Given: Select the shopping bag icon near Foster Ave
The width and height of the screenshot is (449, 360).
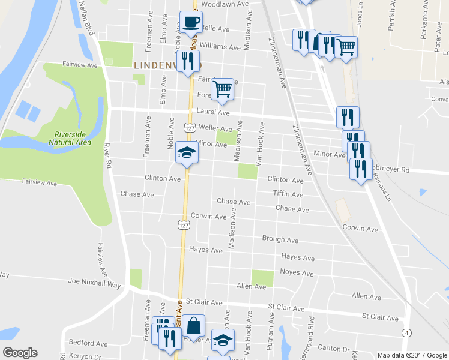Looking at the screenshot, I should (x=193, y=327).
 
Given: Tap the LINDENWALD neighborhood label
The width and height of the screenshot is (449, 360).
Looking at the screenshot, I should (x=164, y=65).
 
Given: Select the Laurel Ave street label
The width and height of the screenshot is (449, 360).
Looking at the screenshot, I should (x=213, y=112).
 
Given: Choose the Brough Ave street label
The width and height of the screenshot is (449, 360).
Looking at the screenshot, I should (x=280, y=239).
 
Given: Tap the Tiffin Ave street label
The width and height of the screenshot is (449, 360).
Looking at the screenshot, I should (x=288, y=194).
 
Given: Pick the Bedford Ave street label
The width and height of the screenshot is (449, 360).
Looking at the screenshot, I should (x=71, y=343).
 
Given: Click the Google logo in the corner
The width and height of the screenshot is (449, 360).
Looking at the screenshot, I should (x=20, y=353).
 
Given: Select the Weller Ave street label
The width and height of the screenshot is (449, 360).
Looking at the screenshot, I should (x=215, y=128).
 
